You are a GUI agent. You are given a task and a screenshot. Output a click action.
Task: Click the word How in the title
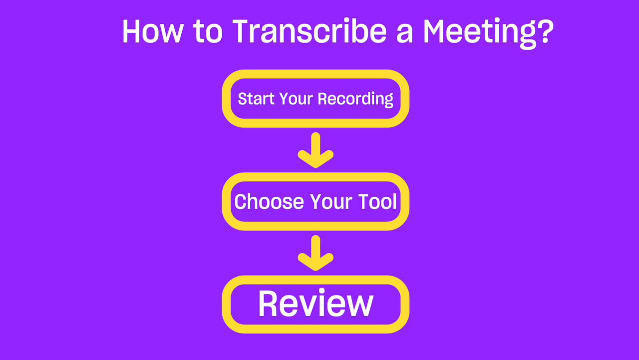[x=152, y=31]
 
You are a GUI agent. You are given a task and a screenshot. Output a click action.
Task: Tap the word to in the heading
[x=208, y=31]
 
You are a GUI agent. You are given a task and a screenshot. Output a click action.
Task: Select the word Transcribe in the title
[x=310, y=31]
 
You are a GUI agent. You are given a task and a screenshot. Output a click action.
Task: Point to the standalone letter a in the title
[x=404, y=34]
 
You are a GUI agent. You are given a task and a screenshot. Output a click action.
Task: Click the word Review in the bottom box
[x=316, y=303]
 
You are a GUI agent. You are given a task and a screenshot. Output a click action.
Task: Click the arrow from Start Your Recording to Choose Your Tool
[x=316, y=150]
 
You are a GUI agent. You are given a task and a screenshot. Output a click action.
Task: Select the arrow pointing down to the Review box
[x=316, y=253]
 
